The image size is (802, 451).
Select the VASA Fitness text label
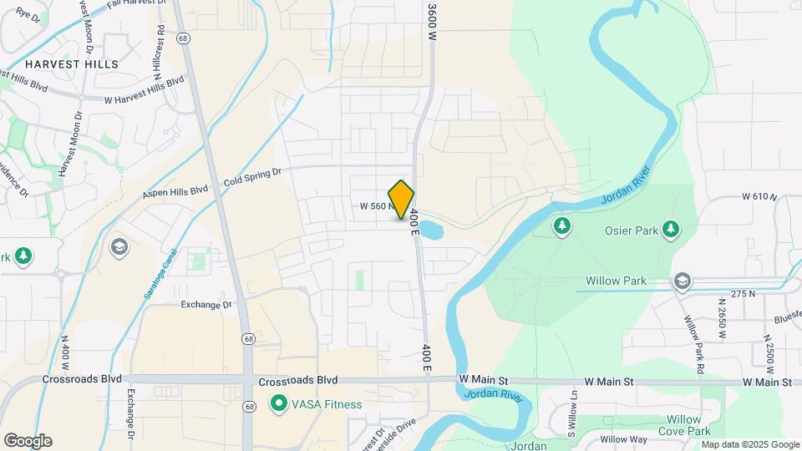[327, 404]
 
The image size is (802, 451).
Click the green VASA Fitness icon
[278, 404]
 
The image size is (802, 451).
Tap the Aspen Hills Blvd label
[175, 191]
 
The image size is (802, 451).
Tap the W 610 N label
[759, 197]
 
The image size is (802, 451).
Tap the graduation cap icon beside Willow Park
[683, 281]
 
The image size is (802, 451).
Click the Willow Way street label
[623, 439]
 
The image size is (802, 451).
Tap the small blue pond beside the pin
[429, 229]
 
